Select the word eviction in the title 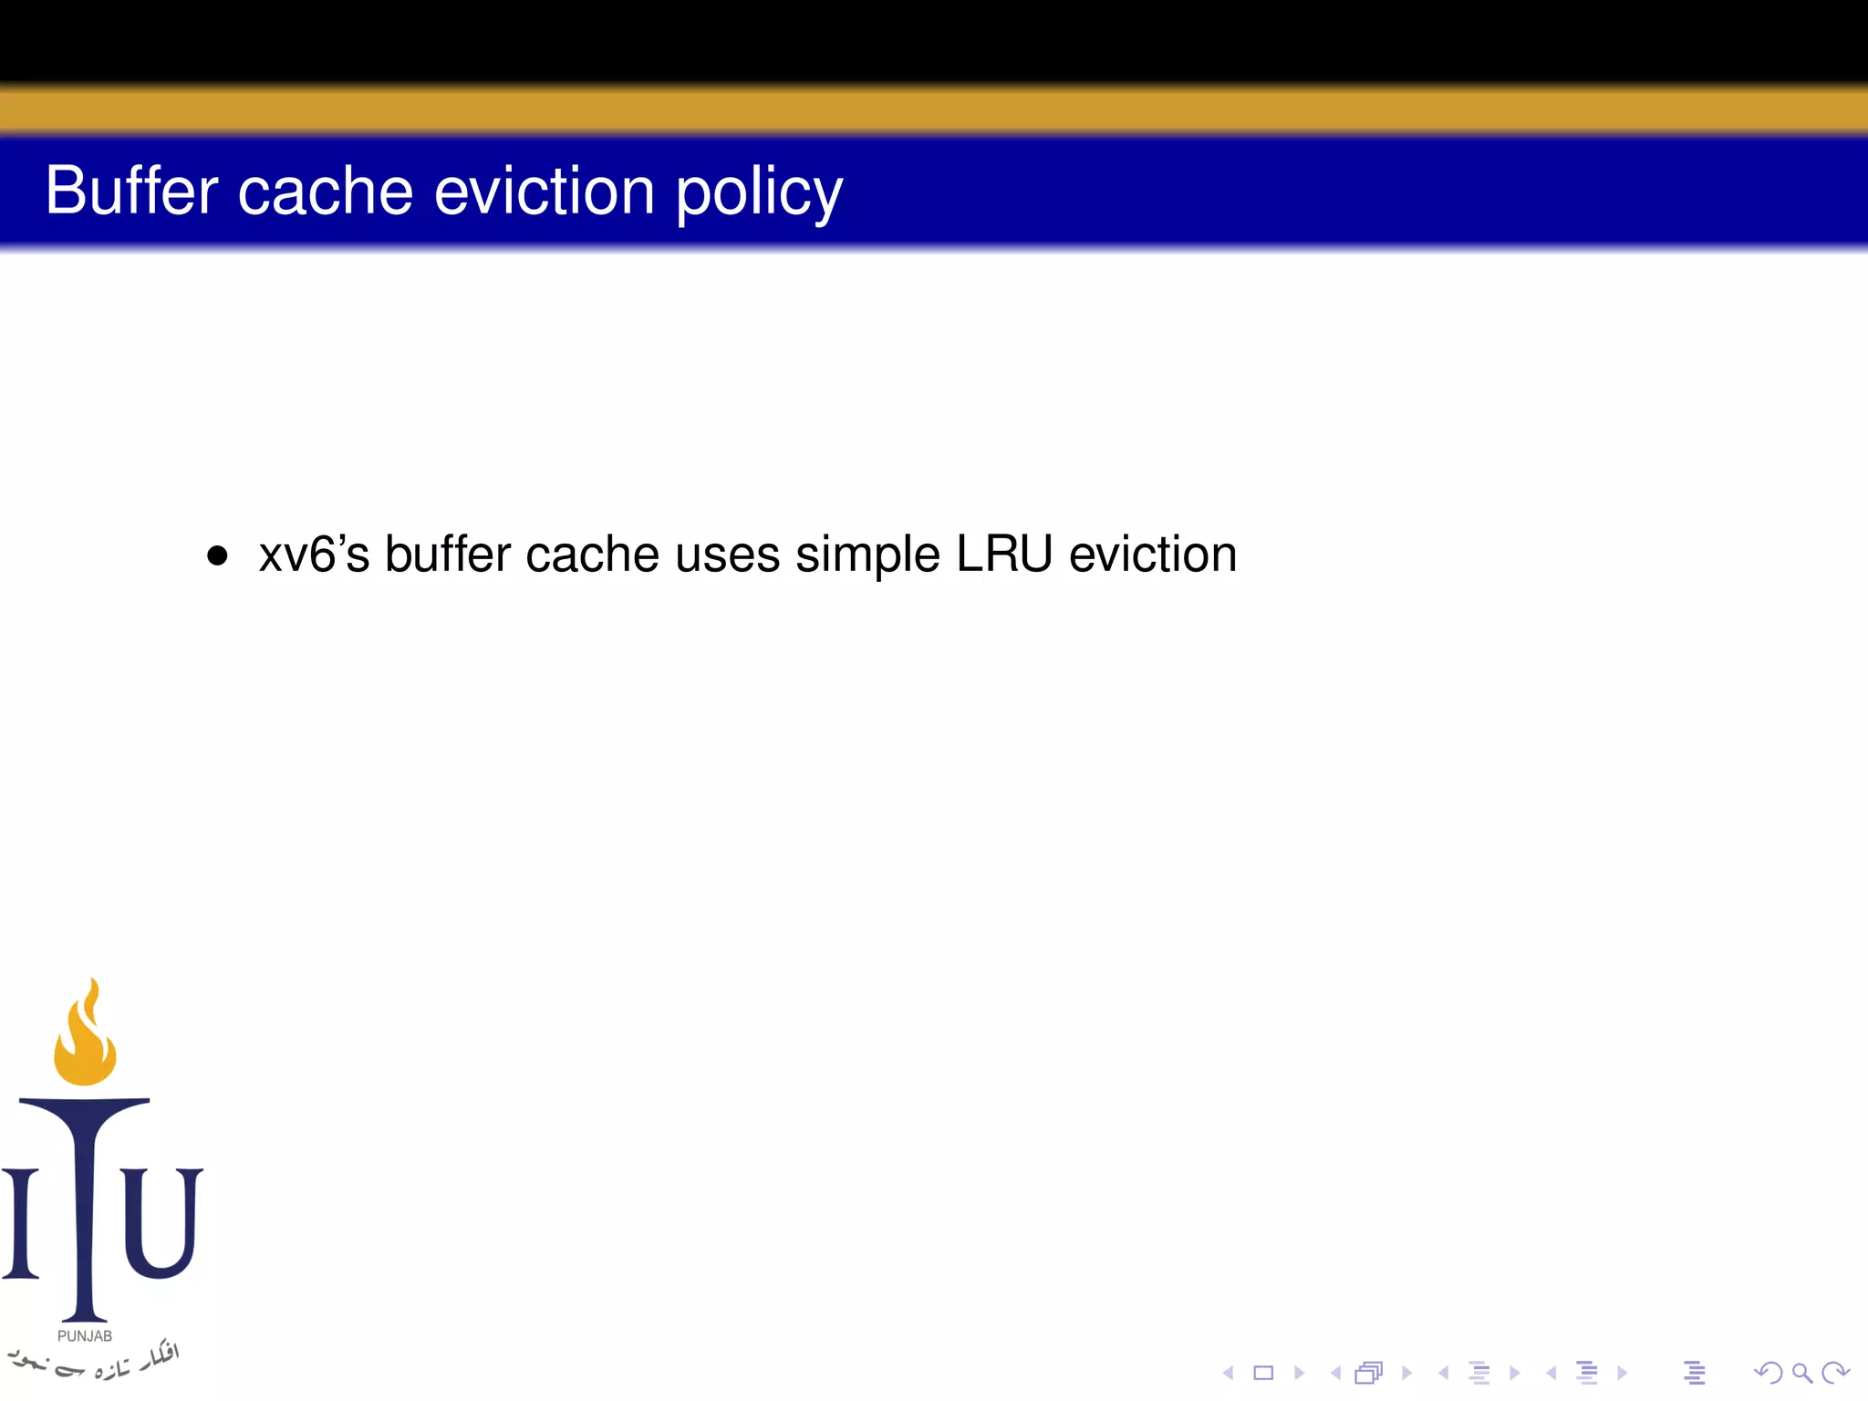point(545,192)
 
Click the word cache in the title point(326,192)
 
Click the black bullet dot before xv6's point(217,555)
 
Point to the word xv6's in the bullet point(314,555)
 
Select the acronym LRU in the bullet point(1004,554)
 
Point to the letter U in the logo point(161,1222)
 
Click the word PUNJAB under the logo point(85,1336)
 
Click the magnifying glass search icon point(1801,1373)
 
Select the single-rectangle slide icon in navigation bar point(1263,1373)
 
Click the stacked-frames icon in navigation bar point(1369,1373)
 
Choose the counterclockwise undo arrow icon point(1769,1373)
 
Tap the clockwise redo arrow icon point(1834,1373)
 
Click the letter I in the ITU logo point(20,1222)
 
